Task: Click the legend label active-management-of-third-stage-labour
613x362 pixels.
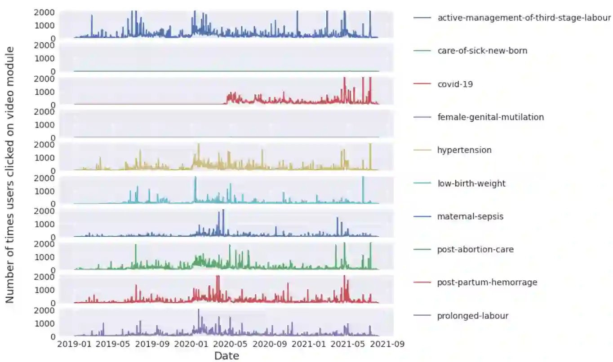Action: pos(524,18)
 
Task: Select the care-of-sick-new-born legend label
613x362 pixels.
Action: pos(482,51)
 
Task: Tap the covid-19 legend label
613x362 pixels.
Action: pos(455,84)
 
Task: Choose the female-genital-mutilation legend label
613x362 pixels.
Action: pos(490,117)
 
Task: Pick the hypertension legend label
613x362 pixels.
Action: pos(464,150)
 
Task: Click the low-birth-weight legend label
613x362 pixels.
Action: pos(471,183)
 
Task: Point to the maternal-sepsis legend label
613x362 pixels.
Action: pos(470,216)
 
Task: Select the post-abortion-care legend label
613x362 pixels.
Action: pos(475,249)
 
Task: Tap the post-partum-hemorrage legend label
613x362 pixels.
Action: pos(487,283)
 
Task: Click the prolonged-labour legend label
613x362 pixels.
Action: pos(473,316)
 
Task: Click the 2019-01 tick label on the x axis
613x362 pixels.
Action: pos(75,344)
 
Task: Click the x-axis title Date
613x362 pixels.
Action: pos(227,356)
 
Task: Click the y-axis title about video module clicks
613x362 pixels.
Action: pos(10,174)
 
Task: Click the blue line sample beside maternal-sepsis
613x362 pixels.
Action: pos(422,216)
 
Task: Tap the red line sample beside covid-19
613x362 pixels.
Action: pos(422,84)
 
